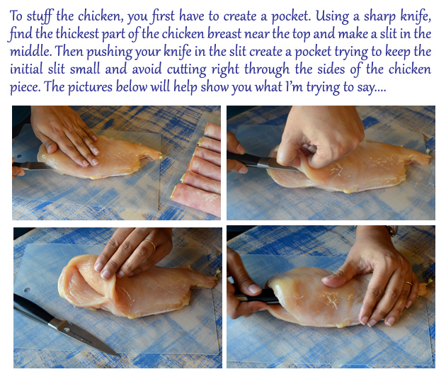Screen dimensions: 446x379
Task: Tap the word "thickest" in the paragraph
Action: click(x=77, y=33)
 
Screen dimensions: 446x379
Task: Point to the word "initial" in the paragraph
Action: click(x=26, y=69)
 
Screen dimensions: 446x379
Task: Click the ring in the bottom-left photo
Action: click(x=150, y=244)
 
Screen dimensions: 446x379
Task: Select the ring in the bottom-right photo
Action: click(x=408, y=283)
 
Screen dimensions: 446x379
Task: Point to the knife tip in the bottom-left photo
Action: click(x=119, y=356)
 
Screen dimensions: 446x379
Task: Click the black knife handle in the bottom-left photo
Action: click(x=32, y=308)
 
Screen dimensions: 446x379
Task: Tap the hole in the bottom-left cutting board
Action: click(x=27, y=290)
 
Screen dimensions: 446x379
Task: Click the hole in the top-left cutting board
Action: click(x=19, y=157)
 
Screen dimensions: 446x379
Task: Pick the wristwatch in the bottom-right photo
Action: click(x=392, y=230)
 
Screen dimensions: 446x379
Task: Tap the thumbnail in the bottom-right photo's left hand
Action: click(x=254, y=288)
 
